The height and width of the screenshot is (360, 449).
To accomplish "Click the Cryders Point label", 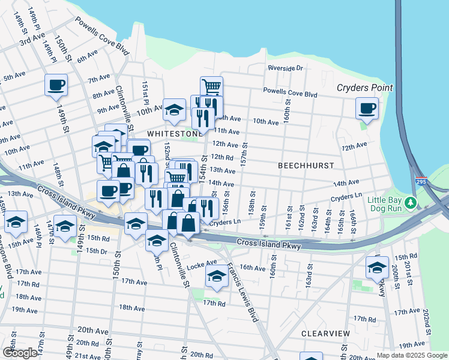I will tap(364, 88).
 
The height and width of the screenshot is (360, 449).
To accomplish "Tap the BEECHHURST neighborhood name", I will tap(305, 164).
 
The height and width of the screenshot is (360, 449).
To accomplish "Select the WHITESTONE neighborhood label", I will tap(173, 133).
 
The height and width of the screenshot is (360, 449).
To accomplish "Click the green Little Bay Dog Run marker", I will tap(411, 203).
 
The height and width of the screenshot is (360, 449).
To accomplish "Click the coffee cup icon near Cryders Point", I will tap(366, 109).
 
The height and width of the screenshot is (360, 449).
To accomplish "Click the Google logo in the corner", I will tap(19, 353).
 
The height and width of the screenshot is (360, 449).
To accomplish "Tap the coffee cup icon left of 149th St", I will tap(56, 85).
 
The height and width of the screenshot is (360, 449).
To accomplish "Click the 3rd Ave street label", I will tap(32, 40).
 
